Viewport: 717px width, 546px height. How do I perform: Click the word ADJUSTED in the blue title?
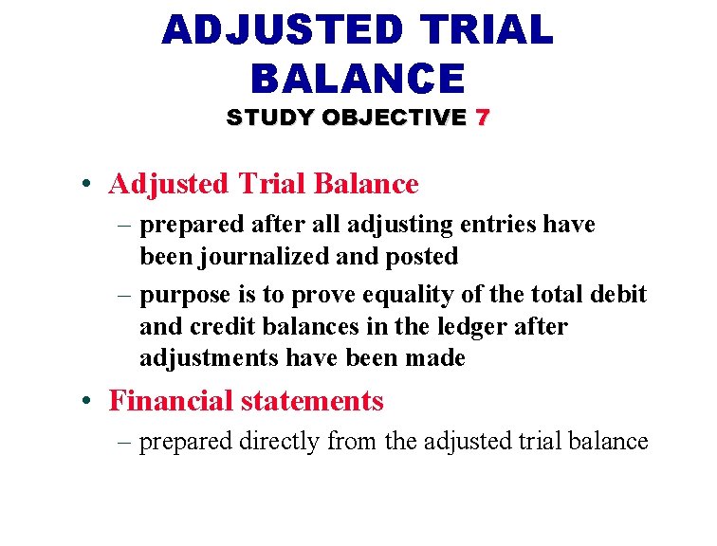pos(283,30)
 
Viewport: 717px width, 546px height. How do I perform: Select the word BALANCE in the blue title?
pos(358,79)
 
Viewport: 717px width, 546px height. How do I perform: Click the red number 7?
pos(483,118)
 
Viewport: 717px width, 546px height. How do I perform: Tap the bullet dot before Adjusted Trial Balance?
pos(86,185)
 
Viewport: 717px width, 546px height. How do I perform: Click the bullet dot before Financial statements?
pos(86,402)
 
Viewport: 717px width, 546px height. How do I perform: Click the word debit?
pos(618,295)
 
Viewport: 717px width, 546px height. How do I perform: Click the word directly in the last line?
pos(282,442)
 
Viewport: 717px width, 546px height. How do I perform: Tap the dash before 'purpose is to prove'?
pos(127,295)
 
